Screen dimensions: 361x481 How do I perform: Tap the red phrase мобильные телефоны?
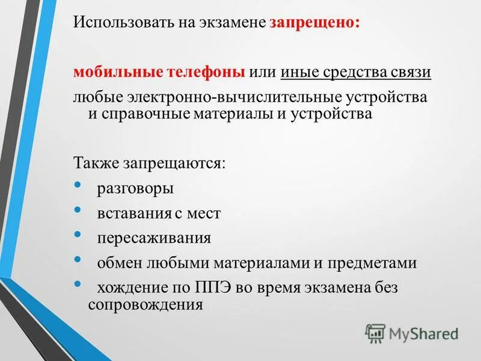pyautogui.click(x=159, y=72)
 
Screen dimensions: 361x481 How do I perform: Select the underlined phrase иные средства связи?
pyautogui.click(x=355, y=72)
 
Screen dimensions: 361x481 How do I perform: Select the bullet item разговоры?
pyautogui.click(x=135, y=188)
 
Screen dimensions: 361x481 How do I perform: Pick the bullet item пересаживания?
pyautogui.click(x=154, y=238)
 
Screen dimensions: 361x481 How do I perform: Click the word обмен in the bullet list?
pyautogui.click(x=115, y=263)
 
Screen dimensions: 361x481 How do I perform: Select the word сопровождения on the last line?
pyautogui.click(x=145, y=304)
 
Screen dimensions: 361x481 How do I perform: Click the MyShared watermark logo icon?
pyautogui.click(x=375, y=332)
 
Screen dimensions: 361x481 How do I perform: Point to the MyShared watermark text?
pyautogui.click(x=423, y=333)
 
